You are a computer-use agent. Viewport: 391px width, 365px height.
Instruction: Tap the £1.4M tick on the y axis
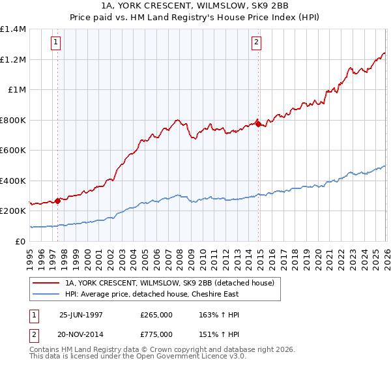click(13, 29)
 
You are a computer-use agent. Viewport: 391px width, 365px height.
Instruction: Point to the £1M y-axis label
click(16, 90)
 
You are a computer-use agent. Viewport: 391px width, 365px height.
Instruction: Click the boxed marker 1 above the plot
click(55, 43)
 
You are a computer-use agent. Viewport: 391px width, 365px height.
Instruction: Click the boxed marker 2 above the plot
click(257, 43)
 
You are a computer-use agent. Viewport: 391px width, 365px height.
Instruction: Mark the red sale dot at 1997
click(58, 201)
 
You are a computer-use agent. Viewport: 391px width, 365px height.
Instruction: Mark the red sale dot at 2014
click(258, 123)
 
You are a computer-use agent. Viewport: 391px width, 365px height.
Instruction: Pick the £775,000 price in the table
click(156, 334)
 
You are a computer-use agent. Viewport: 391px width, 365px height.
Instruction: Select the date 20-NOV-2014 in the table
click(81, 334)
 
